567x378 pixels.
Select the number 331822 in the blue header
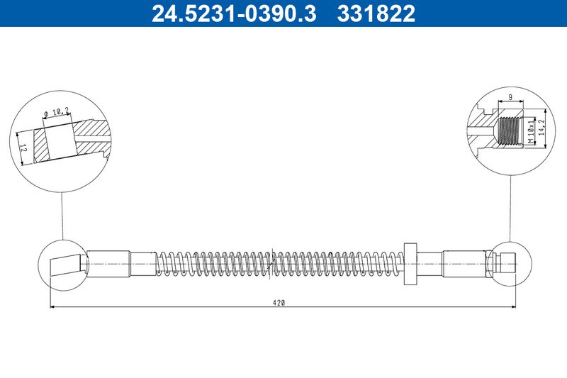click(375, 13)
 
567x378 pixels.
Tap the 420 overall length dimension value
click(279, 302)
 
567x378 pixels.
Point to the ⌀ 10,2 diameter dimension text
click(56, 112)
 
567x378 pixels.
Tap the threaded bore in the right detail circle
click(509, 130)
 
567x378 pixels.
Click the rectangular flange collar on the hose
click(410, 265)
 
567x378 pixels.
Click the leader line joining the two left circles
click(62, 213)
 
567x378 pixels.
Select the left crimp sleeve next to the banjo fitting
click(106, 264)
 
